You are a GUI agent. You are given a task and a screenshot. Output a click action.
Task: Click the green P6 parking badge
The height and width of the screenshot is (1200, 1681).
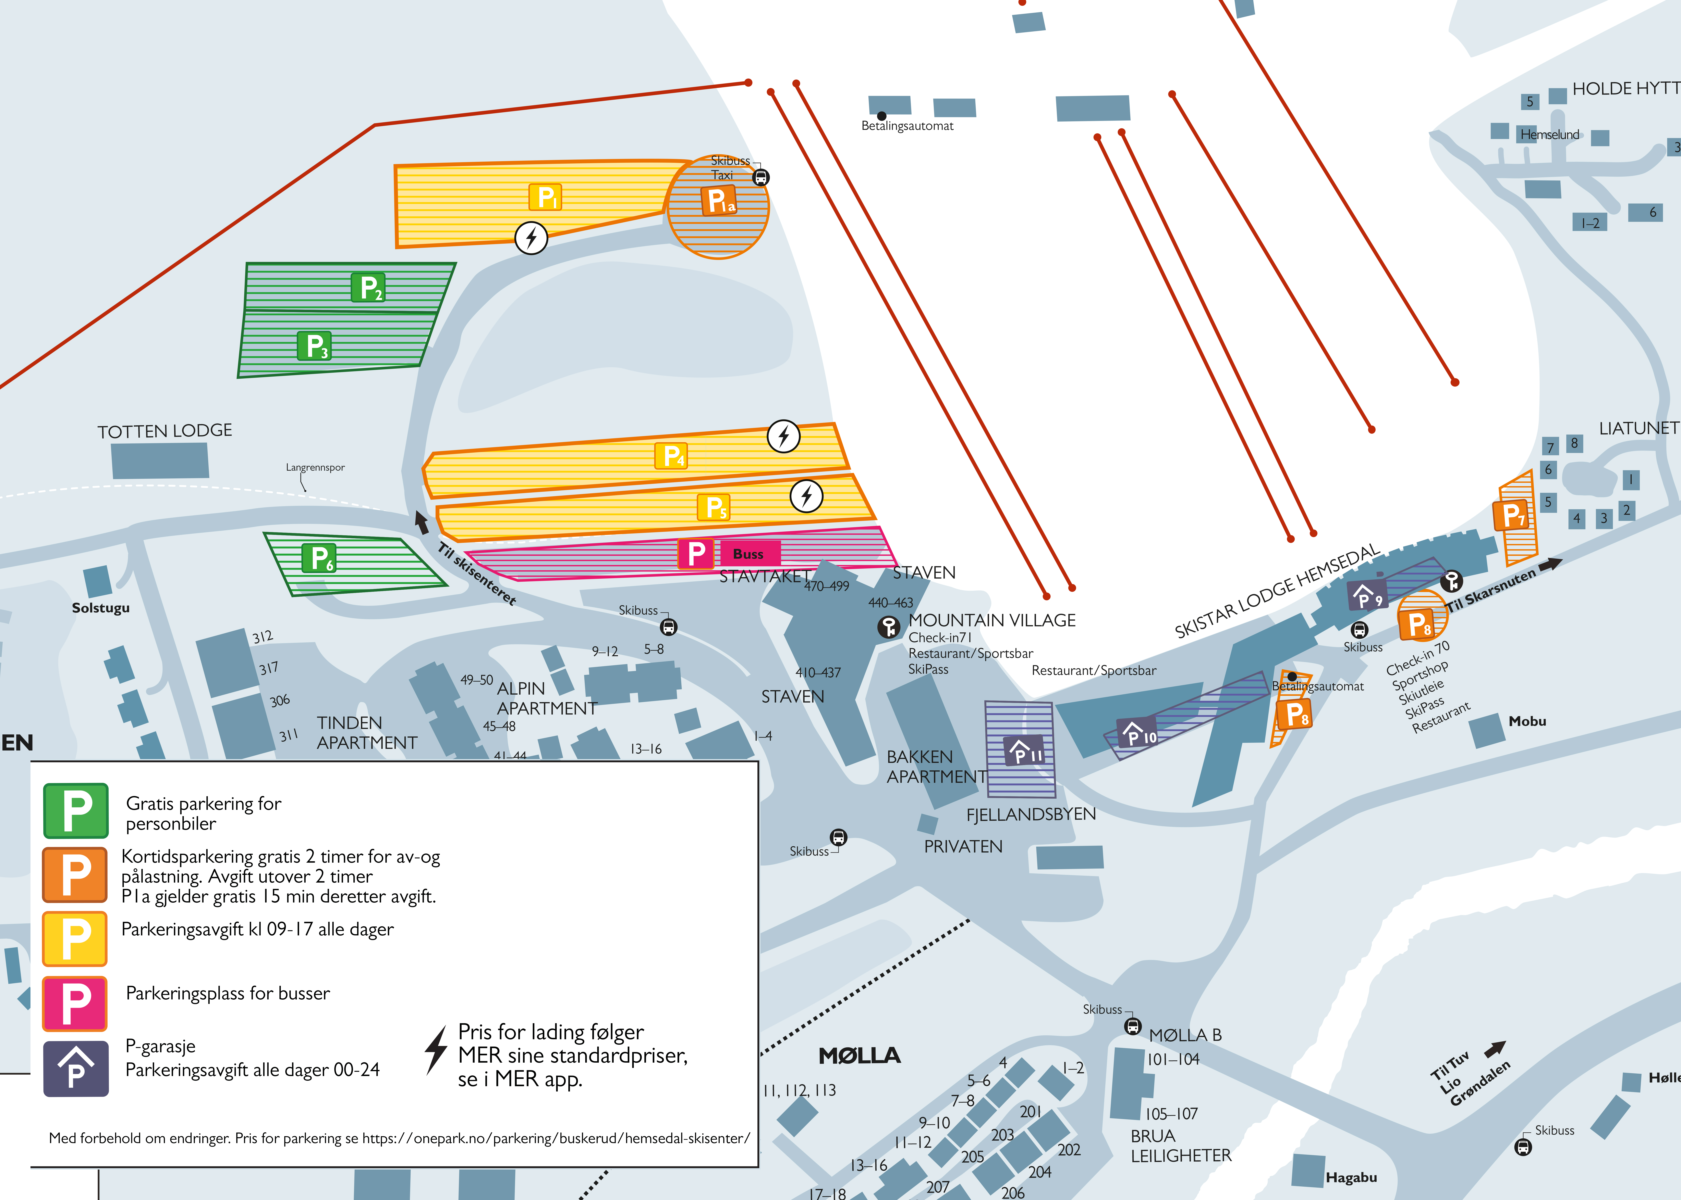(x=319, y=559)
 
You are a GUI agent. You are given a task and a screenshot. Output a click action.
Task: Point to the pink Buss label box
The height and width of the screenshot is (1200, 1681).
(x=748, y=553)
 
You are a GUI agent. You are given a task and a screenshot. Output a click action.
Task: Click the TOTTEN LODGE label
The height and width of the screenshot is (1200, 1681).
(x=165, y=431)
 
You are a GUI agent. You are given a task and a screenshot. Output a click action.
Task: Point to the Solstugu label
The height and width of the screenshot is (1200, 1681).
(x=100, y=607)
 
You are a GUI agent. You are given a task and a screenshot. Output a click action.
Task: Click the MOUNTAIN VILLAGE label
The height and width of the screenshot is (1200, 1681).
(x=992, y=620)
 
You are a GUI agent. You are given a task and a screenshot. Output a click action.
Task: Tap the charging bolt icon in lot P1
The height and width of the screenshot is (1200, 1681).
(x=531, y=238)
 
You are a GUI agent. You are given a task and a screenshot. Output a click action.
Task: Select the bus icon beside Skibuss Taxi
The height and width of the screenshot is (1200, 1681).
(x=761, y=177)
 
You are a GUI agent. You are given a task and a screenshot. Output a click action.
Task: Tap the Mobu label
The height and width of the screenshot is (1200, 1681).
(x=1527, y=721)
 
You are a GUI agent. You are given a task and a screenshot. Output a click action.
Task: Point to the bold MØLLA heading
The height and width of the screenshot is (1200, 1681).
(x=860, y=1055)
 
